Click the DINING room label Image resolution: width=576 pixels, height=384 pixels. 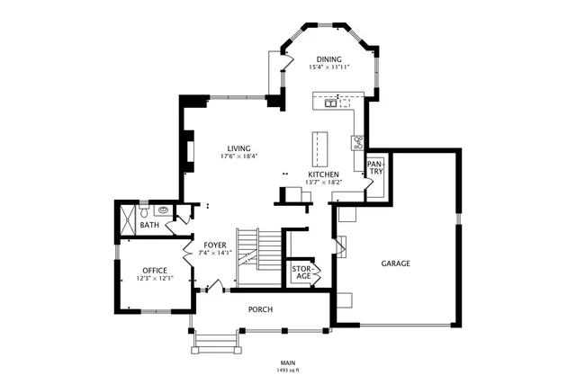pyautogui.click(x=328, y=59)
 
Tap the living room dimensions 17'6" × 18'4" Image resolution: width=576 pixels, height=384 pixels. pyautogui.click(x=238, y=156)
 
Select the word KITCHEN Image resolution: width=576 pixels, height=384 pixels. pyautogui.click(x=323, y=174)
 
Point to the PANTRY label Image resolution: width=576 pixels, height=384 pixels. pyautogui.click(x=375, y=167)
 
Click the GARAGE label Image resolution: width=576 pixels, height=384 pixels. pyautogui.click(x=395, y=263)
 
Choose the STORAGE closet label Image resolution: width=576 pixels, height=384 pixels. pyautogui.click(x=301, y=272)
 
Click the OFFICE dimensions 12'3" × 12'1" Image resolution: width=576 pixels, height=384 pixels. pyautogui.click(x=154, y=279)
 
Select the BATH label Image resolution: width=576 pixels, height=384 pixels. pyautogui.click(x=149, y=226)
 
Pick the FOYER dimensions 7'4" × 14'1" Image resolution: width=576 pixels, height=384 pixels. pyautogui.click(x=215, y=253)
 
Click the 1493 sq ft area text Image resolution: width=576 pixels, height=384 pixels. pyautogui.click(x=288, y=370)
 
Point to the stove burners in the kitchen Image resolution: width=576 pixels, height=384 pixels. pyautogui.click(x=357, y=141)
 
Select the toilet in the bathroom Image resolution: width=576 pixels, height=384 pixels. pyautogui.click(x=144, y=212)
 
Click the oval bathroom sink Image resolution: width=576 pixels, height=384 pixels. pyautogui.click(x=163, y=211)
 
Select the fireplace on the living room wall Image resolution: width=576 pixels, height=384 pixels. pyautogui.click(x=188, y=151)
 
